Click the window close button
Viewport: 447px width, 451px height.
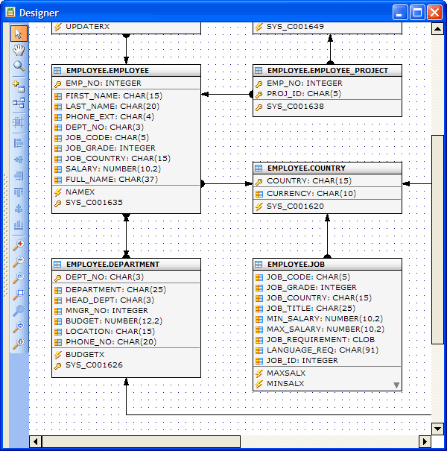[434, 13]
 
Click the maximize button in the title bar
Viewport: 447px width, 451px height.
[417, 13]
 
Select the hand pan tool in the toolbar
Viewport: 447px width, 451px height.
[19, 50]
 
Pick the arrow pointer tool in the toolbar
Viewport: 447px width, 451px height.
[19, 34]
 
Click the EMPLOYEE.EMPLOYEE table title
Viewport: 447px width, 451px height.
[107, 71]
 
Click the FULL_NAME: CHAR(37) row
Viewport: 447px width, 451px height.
[112, 180]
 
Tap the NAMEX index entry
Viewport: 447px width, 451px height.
[80, 192]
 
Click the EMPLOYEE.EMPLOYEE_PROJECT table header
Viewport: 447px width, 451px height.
[328, 71]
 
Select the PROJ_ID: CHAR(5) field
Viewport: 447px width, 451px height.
[304, 94]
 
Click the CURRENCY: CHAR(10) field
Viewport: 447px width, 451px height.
[311, 194]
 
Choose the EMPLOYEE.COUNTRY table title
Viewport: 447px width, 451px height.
[306, 168]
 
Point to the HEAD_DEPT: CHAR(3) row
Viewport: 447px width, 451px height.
[110, 300]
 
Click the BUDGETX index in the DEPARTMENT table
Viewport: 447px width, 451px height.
[85, 354]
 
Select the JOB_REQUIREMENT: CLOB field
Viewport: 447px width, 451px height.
[320, 340]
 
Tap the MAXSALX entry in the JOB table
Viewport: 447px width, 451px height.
[286, 373]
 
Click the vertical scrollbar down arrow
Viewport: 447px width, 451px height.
[437, 429]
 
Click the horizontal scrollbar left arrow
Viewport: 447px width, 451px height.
[35, 441]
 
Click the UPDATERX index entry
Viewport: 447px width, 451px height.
[87, 26]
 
